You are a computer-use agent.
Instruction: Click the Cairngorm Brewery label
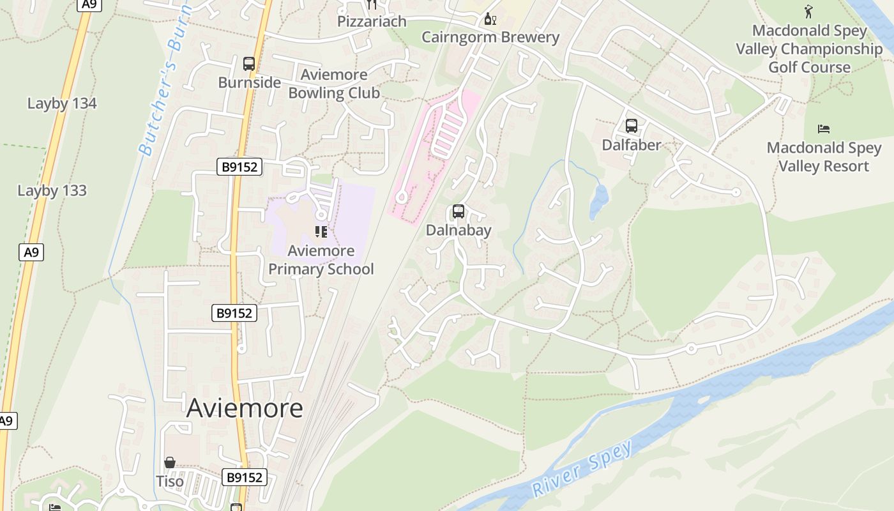[x=490, y=37]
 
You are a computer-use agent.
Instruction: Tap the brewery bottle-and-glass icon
[x=490, y=19]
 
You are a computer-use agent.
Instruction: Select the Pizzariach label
[x=372, y=21]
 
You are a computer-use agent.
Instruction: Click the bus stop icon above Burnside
[x=249, y=64]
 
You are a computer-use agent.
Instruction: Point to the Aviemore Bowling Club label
[x=334, y=84]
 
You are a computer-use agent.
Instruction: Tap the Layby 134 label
[x=62, y=103]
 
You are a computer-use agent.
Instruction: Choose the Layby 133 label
[x=52, y=190]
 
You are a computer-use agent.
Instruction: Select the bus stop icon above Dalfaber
[x=632, y=126]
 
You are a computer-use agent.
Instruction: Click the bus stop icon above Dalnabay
[x=458, y=211]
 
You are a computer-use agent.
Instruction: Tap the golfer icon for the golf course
[x=809, y=11]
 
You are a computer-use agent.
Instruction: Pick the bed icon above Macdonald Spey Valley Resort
[x=824, y=129]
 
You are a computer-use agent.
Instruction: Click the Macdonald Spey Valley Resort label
[x=824, y=157]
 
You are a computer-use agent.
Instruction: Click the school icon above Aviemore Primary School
[x=321, y=231]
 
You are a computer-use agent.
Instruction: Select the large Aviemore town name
[x=245, y=408]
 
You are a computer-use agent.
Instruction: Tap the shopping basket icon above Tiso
[x=170, y=462]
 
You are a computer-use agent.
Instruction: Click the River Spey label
[x=582, y=469]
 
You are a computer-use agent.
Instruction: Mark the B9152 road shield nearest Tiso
[x=244, y=477]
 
